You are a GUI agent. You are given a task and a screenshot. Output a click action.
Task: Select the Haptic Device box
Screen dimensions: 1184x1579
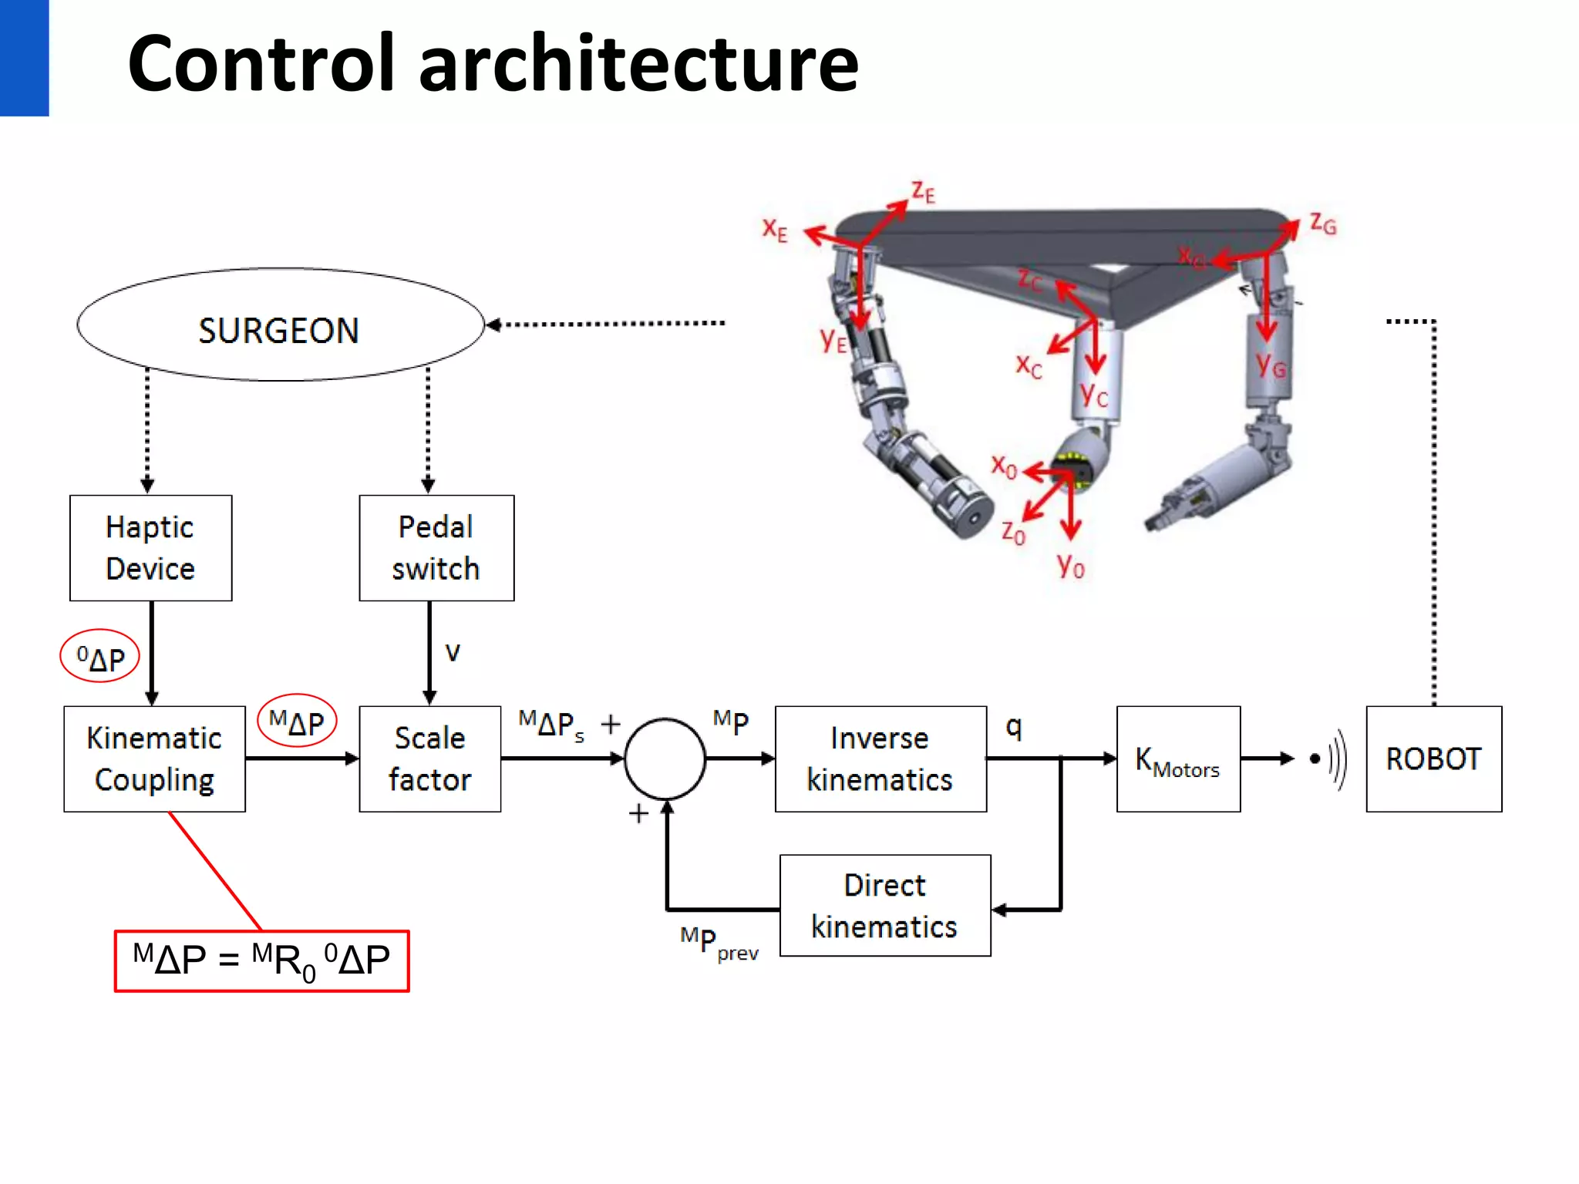click(x=150, y=548)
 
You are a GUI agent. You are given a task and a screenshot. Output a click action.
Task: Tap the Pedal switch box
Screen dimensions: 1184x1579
click(x=436, y=548)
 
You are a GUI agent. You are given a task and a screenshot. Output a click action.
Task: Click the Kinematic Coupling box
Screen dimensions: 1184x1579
click(x=154, y=759)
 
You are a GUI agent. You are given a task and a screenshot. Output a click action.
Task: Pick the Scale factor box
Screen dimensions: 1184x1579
click(x=429, y=759)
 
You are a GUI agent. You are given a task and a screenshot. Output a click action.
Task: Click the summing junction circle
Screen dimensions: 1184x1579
click(x=665, y=759)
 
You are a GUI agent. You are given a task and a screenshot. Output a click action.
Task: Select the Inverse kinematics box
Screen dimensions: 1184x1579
click(x=880, y=759)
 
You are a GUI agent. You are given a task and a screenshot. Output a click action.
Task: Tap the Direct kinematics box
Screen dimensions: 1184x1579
click(x=885, y=906)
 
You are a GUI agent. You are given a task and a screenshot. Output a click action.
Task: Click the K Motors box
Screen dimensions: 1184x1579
click(x=1178, y=759)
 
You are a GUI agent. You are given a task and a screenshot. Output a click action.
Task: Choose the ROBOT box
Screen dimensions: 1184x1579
click(x=1433, y=759)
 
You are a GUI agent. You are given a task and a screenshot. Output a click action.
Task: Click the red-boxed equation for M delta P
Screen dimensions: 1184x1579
click(x=261, y=961)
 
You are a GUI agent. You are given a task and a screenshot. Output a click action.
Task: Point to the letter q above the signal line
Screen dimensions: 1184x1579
click(x=1014, y=727)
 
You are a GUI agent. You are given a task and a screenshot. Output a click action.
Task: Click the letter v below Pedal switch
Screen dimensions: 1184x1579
click(x=453, y=653)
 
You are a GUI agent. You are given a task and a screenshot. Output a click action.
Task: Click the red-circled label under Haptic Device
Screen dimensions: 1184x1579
click(x=100, y=658)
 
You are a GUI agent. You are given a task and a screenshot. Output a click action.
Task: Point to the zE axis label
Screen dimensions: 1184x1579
click(x=923, y=191)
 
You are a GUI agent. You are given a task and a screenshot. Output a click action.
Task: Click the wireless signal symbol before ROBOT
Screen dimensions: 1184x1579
click(x=1330, y=759)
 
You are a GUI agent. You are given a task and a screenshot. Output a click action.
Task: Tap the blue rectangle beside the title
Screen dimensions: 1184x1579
click(x=24, y=58)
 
